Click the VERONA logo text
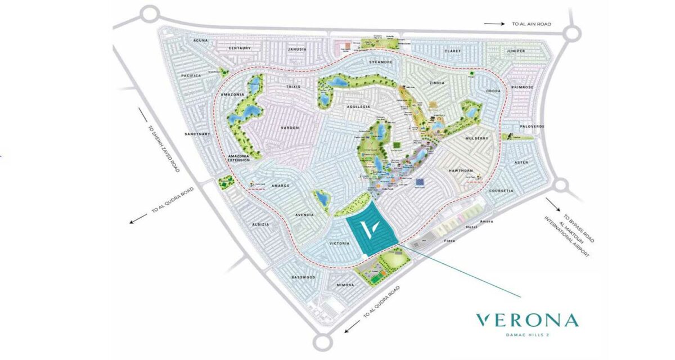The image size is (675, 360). click(526, 321)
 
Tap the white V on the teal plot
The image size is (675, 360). click(368, 231)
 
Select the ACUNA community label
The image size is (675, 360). click(200, 40)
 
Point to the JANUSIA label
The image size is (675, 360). click(296, 49)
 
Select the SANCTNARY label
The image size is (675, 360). click(197, 134)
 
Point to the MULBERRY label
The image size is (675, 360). click(478, 138)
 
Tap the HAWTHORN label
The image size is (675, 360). click(461, 170)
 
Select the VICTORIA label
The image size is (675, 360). click(339, 244)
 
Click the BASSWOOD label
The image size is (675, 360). click(304, 277)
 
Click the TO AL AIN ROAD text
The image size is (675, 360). click(532, 24)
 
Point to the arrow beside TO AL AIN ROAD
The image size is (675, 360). click(495, 24)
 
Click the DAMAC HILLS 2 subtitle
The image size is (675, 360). click(526, 336)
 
